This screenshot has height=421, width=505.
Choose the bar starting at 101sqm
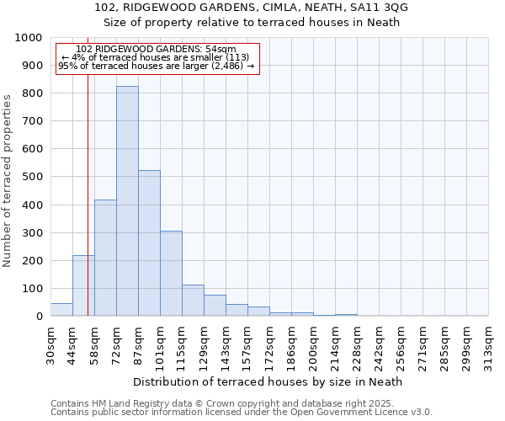(171, 274)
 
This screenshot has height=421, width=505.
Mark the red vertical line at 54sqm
(88, 210)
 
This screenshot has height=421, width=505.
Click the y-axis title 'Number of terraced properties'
(8, 180)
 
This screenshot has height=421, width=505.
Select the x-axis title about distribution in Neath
(268, 381)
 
